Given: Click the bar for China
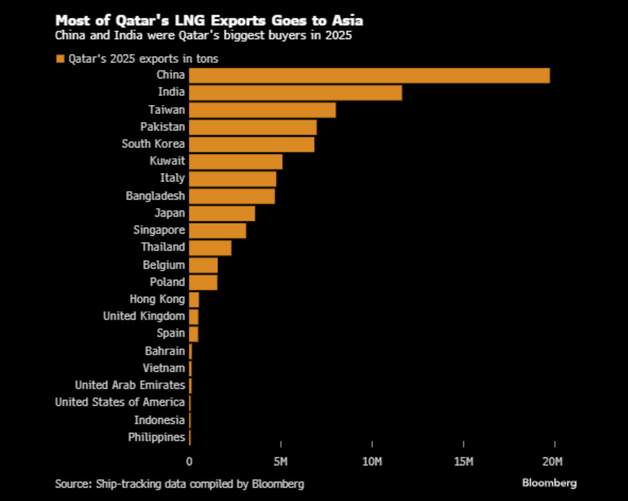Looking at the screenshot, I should point(369,75).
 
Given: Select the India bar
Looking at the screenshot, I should point(295,92).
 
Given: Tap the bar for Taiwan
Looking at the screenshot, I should point(262,110).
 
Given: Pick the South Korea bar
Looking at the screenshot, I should point(251,144).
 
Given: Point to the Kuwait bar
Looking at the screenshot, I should point(236,161).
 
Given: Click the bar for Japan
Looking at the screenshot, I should point(222,213).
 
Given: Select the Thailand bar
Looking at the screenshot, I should point(210,247).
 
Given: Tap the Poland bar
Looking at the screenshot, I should point(203,282).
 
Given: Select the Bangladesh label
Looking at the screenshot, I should point(155,196).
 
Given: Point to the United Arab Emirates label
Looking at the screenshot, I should point(130,385).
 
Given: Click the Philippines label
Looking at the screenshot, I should point(156,437).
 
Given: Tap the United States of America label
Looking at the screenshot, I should point(120,403).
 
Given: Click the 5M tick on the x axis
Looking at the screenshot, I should point(280,463).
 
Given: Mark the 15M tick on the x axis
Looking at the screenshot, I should point(463,463).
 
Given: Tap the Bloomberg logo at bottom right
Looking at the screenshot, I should point(549,483).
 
